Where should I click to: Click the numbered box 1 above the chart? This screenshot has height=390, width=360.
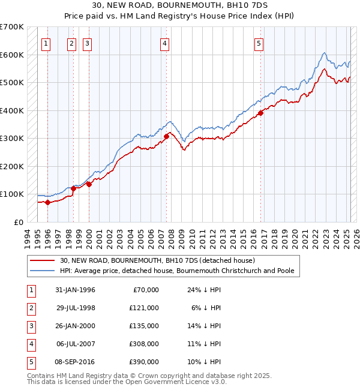click(47, 43)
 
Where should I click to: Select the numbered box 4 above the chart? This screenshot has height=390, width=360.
click(164, 43)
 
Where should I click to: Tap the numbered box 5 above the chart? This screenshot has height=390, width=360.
click(259, 43)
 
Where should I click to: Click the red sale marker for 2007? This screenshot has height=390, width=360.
click(166, 137)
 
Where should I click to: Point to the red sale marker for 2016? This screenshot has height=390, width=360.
click(260, 113)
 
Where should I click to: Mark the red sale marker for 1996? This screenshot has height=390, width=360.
click(47, 202)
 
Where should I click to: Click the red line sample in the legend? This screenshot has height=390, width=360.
click(41, 260)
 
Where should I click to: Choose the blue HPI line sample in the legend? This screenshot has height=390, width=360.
click(41, 271)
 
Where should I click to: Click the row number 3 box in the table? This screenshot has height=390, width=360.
click(30, 326)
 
